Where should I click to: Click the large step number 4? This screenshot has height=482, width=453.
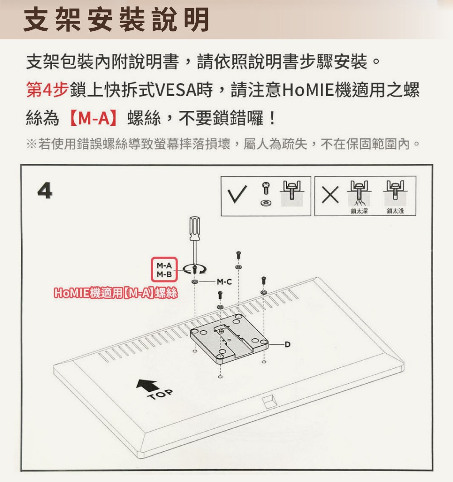coord(45,191)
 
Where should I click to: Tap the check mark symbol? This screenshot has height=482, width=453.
coord(237,194)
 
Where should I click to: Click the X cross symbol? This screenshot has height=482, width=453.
coord(330,195)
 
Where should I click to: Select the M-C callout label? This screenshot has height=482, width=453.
coord(224,282)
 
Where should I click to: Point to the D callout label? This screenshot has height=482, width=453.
coord(287,344)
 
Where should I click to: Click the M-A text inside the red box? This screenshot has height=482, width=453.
coord(164,265)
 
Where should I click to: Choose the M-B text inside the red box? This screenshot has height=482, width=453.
coord(164,274)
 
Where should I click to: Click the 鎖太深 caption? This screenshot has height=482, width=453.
coord(359,211)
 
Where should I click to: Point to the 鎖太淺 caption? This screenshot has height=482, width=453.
coord(395,211)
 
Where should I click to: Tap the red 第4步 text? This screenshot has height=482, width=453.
coord(47,90)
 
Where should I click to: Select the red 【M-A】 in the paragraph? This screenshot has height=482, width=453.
coord(93,118)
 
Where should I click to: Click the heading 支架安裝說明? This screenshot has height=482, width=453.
coord(116,19)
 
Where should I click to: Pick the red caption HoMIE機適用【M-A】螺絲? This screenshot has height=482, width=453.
coord(116,293)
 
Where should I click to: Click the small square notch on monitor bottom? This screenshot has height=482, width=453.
coord(269,401)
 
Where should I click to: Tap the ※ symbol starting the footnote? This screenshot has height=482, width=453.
coord(31,144)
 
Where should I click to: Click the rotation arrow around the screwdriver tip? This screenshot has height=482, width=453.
coord(194,269)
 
